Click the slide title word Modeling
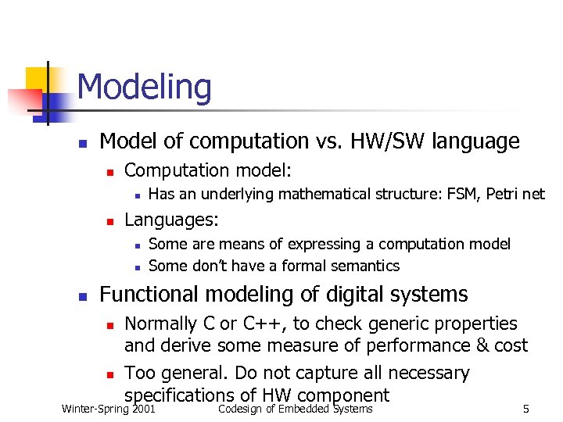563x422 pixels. pyautogui.click(x=145, y=87)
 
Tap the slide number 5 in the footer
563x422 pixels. pyautogui.click(x=526, y=409)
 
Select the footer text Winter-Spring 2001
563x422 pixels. pyautogui.click(x=108, y=409)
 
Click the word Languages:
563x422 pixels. pyautogui.click(x=171, y=220)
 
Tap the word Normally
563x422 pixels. pyautogui.click(x=160, y=324)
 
